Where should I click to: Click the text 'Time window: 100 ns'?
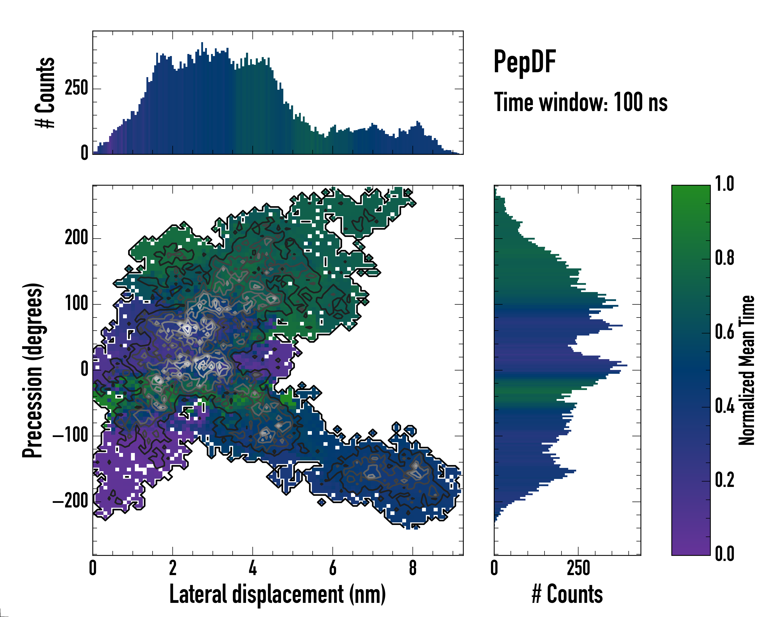coord(581,102)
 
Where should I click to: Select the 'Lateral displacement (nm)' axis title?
coord(277,594)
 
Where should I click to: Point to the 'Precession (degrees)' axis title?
coord(33,370)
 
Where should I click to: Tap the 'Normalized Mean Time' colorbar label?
coord(747,370)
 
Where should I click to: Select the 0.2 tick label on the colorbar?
coord(724,480)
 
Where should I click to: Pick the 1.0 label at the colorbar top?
coord(724,184)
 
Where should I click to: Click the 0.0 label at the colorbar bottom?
coord(724,554)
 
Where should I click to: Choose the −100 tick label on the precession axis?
coord(71,436)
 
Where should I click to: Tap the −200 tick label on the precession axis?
coord(71,502)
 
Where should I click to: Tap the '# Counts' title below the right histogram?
coord(567,594)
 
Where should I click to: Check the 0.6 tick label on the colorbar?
coord(724,332)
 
